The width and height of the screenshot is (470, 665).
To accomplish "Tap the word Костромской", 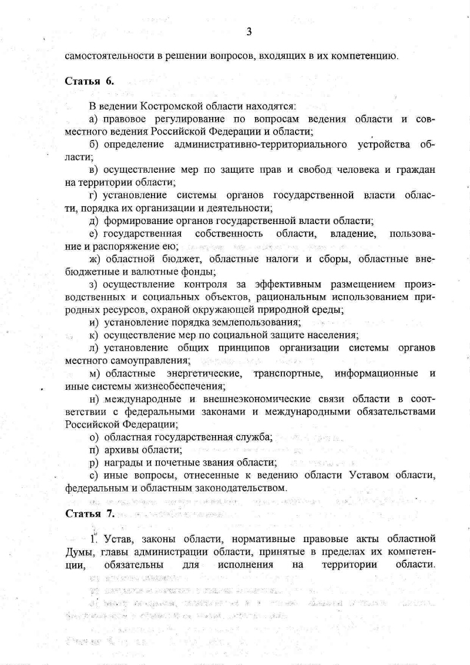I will point(168,106).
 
